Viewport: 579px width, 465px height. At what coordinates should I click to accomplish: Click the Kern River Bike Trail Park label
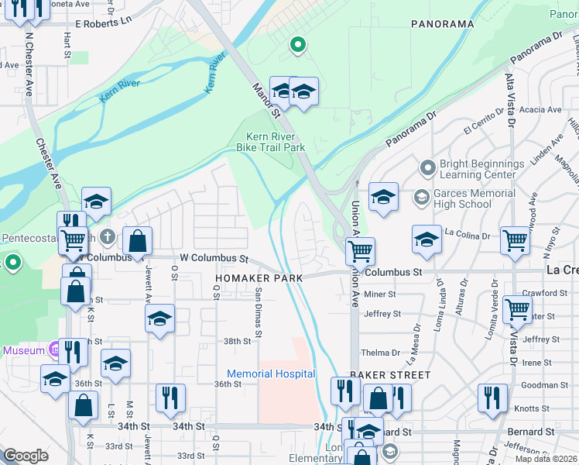pyautogui.click(x=271, y=142)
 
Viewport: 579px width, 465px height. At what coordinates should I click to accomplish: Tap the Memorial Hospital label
pyautogui.click(x=271, y=374)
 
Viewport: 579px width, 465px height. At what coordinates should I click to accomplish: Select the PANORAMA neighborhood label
pyautogui.click(x=442, y=24)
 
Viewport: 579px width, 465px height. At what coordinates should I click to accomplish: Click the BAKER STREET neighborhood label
pyautogui.click(x=389, y=375)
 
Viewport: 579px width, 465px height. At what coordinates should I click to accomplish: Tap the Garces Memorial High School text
pyautogui.click(x=475, y=198)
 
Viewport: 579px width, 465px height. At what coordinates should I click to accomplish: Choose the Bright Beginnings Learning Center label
pyautogui.click(x=481, y=169)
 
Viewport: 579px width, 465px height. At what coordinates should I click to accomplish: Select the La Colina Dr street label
pyautogui.click(x=468, y=233)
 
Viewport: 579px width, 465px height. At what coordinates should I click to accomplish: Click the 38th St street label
pyautogui.click(x=238, y=341)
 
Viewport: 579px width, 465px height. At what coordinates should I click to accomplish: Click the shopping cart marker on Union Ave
pyautogui.click(x=360, y=251)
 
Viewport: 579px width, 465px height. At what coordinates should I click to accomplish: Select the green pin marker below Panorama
pyautogui.click(x=296, y=45)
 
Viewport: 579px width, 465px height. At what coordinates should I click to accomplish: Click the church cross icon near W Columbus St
pyautogui.click(x=108, y=235)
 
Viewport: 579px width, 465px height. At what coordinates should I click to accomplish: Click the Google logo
pyautogui.click(x=26, y=456)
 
